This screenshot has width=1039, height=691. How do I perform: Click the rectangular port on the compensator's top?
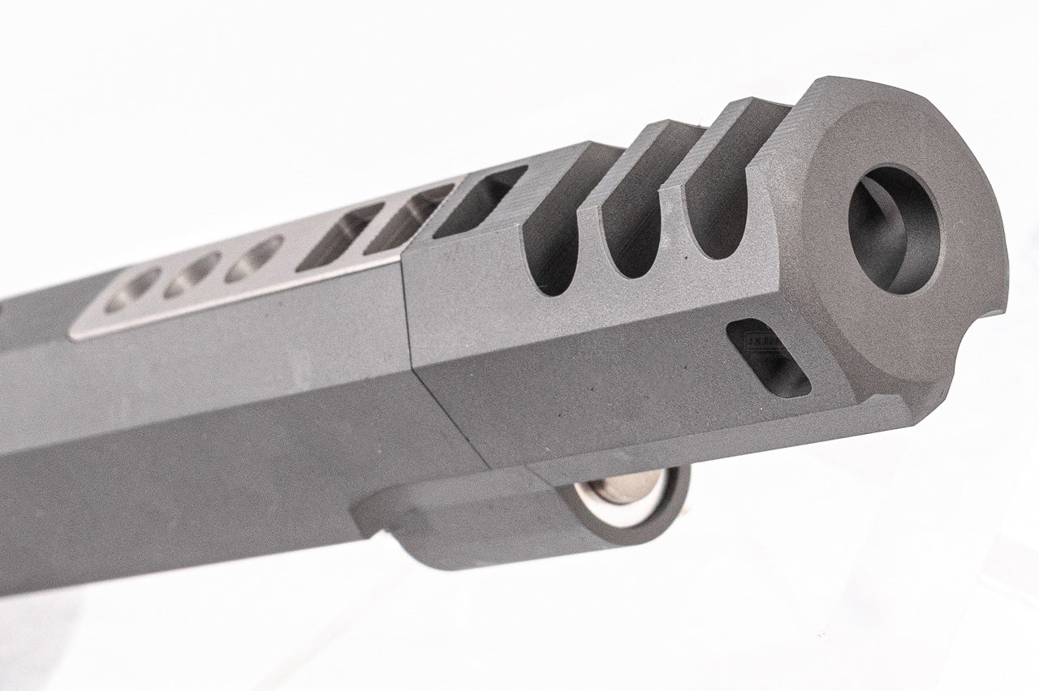(x=479, y=202)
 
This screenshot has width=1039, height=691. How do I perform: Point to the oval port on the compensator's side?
(x=768, y=358)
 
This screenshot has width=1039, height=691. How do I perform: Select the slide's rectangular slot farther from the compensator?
(x=339, y=237)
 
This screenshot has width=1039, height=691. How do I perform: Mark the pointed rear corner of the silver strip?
(x=73, y=334)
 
